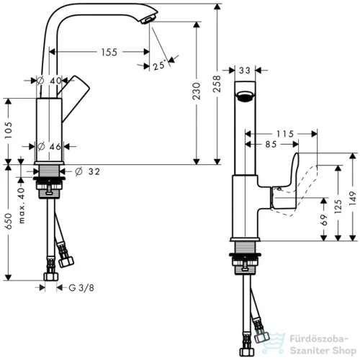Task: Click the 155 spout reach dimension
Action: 109,52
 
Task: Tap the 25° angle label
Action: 159,65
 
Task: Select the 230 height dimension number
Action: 197,91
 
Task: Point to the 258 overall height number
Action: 217,84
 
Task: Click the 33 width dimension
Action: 245,71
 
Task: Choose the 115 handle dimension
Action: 285,134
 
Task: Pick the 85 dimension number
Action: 271,144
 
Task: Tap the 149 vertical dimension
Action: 352,198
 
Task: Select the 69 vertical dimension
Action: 324,220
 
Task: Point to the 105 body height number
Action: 9,130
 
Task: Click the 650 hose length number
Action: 9,221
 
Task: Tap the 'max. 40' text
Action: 22,206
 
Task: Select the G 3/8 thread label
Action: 81,287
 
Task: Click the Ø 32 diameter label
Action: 87,171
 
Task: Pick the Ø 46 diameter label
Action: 49,146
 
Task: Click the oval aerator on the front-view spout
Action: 245,96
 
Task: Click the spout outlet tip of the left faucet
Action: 148,20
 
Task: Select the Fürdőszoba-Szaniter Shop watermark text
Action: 323,345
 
